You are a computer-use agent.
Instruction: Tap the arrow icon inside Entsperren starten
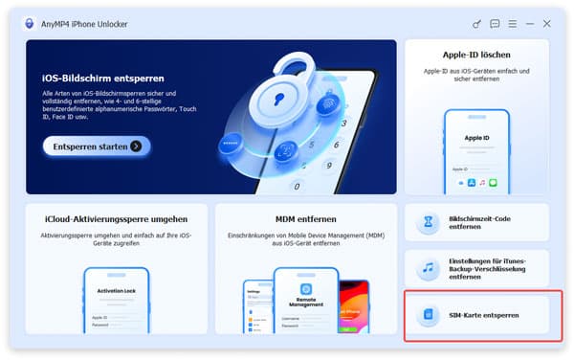(137, 146)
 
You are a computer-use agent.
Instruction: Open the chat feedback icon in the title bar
(495, 23)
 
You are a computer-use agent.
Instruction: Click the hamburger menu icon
(512, 23)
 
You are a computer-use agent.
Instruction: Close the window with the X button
(547, 23)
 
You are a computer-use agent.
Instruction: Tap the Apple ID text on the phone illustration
(476, 138)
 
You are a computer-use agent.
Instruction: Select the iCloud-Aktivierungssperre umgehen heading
(115, 219)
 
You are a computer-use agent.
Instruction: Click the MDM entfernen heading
(306, 219)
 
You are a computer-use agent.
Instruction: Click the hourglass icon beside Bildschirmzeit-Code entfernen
(430, 223)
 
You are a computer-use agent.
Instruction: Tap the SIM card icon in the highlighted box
(430, 314)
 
